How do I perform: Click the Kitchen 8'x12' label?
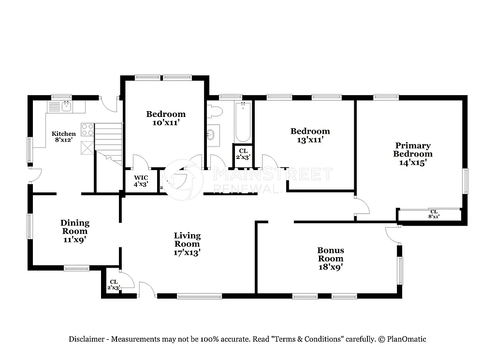(64, 137)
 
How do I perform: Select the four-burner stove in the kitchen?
(87, 130)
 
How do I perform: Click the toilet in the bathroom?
(215, 111)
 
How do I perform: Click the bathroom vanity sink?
(212, 134)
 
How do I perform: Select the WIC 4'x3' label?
(141, 181)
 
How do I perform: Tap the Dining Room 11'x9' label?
(74, 230)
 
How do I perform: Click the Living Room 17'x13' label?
(187, 244)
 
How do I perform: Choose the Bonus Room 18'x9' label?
(331, 258)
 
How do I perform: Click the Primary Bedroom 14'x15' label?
(412, 154)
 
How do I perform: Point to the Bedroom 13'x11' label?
(310, 135)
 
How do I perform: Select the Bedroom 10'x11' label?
(166, 118)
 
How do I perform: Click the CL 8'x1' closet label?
(434, 214)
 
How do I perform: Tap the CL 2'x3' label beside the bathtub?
(243, 154)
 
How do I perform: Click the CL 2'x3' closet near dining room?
(114, 285)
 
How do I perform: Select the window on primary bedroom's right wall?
(466, 181)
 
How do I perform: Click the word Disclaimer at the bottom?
(86, 339)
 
